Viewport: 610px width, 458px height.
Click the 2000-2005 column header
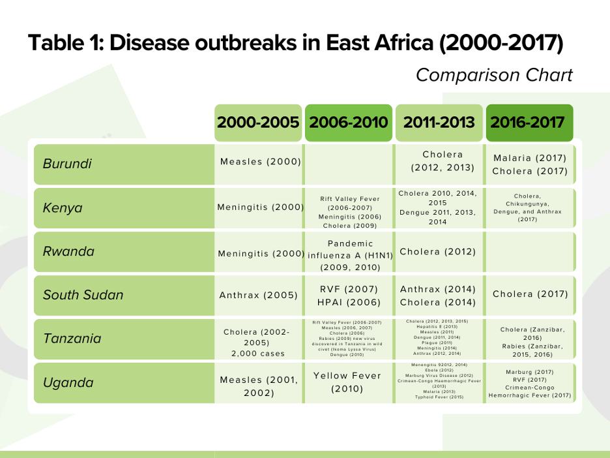[258, 123]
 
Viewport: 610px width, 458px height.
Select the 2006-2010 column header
[349, 123]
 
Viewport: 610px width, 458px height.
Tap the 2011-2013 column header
[439, 123]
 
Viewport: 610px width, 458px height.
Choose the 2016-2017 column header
[529, 123]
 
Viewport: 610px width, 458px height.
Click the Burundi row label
[67, 164]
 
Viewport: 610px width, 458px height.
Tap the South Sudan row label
[83, 295]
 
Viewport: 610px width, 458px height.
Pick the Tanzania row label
[72, 339]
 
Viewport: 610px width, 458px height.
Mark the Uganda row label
[65, 383]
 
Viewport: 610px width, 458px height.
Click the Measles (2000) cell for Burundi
[260, 162]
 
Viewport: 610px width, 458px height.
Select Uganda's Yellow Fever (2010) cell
[349, 382]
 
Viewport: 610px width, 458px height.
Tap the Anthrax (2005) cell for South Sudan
[258, 295]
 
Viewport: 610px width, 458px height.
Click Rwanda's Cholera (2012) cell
[437, 252]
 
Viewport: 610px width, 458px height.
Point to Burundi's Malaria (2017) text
[530, 159]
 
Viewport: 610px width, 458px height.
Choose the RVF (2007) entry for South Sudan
[349, 289]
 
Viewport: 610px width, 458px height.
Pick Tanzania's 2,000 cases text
[258, 354]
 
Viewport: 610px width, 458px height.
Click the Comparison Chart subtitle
[494, 75]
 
